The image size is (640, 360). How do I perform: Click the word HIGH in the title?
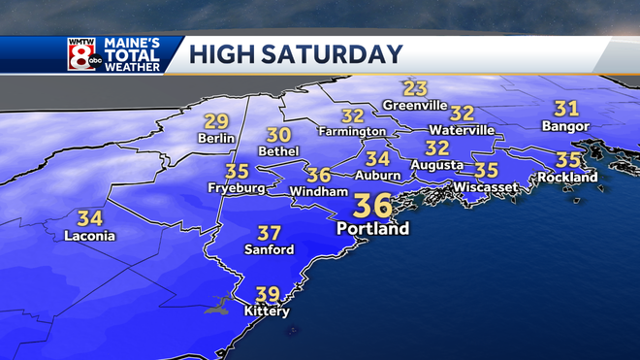[x=222, y=53]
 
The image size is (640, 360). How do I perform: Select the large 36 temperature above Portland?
[x=373, y=207]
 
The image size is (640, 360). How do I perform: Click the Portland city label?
[x=373, y=230]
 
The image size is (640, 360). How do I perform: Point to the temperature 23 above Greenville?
[x=416, y=88]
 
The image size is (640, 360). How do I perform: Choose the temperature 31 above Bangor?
[x=565, y=109]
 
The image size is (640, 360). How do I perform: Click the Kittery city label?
[x=267, y=311]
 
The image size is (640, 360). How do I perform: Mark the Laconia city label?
[x=89, y=236]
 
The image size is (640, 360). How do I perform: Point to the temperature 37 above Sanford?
[x=269, y=233]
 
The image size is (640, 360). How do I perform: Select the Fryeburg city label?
[x=237, y=188]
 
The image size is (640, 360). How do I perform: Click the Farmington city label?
[x=354, y=131]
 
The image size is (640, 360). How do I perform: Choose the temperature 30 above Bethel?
[x=279, y=135]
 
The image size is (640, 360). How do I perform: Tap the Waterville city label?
[x=462, y=130]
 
